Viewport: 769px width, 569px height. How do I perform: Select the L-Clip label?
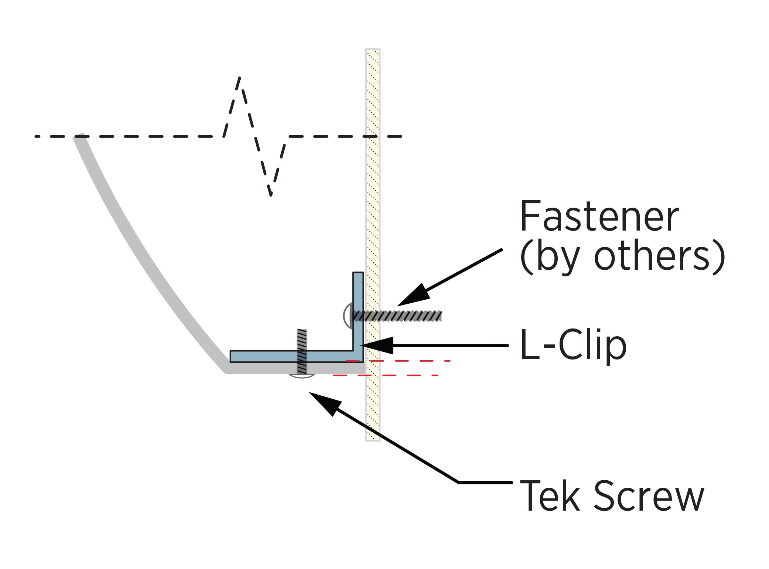573,345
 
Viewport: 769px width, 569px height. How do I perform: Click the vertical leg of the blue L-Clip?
358,307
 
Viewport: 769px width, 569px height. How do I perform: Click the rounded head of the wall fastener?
348,316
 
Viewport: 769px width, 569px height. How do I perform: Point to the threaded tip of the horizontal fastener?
438,316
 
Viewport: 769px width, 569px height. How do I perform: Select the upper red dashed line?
399,361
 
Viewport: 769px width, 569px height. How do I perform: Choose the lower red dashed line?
386,375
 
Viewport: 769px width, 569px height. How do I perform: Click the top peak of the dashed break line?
240,78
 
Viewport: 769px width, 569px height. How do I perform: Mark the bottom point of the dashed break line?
271,194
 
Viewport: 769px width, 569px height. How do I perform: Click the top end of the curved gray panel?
80,137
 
